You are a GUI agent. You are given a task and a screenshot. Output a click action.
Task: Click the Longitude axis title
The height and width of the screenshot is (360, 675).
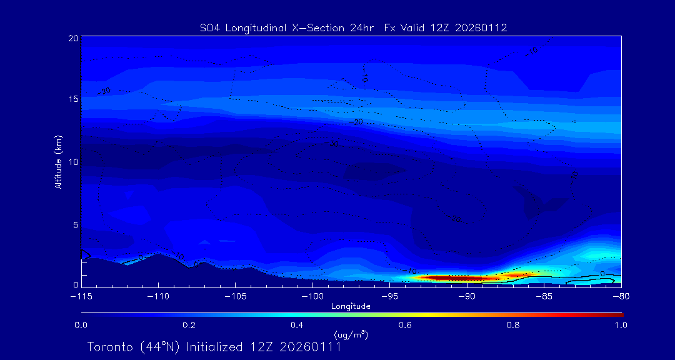(351, 306)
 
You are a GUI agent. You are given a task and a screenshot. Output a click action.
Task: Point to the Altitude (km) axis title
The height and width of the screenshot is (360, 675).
(59, 161)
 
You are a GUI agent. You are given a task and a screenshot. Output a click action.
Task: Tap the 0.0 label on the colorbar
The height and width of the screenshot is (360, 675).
(81, 325)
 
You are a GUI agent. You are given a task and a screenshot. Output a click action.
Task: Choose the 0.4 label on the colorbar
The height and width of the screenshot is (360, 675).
(297, 325)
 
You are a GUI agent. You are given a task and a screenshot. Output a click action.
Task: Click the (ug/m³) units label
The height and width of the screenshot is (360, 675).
(351, 335)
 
